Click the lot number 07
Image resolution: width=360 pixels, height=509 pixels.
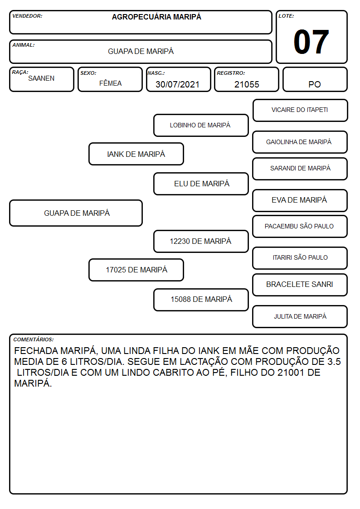(311, 42)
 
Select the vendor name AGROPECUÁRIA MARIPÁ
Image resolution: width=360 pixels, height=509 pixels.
(156, 17)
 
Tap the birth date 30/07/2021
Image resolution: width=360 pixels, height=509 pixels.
(177, 84)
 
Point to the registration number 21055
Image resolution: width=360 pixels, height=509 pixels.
(247, 84)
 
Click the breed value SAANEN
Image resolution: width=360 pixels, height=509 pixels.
(41, 78)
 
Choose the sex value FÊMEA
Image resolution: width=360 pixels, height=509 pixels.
(110, 83)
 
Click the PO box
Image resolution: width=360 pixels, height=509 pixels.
(315, 79)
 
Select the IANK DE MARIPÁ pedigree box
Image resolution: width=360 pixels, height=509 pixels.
(136, 154)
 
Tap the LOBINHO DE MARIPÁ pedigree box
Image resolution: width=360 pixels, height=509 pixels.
(201, 125)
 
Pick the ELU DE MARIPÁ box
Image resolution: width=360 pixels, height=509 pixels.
(201, 184)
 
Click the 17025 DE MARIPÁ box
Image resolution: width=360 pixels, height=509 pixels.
(136, 270)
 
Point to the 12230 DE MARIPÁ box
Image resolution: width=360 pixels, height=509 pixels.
(201, 241)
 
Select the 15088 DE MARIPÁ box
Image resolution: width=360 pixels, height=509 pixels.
(201, 300)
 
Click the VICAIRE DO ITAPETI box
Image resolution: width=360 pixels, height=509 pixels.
(300, 111)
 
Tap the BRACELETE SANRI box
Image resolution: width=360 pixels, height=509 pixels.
(300, 285)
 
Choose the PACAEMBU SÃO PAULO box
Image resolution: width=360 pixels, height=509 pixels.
(300, 226)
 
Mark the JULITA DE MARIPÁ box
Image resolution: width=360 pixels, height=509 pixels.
(300, 316)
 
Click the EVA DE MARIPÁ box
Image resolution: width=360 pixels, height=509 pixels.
(300, 200)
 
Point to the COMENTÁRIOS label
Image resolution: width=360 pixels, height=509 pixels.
(34, 339)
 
